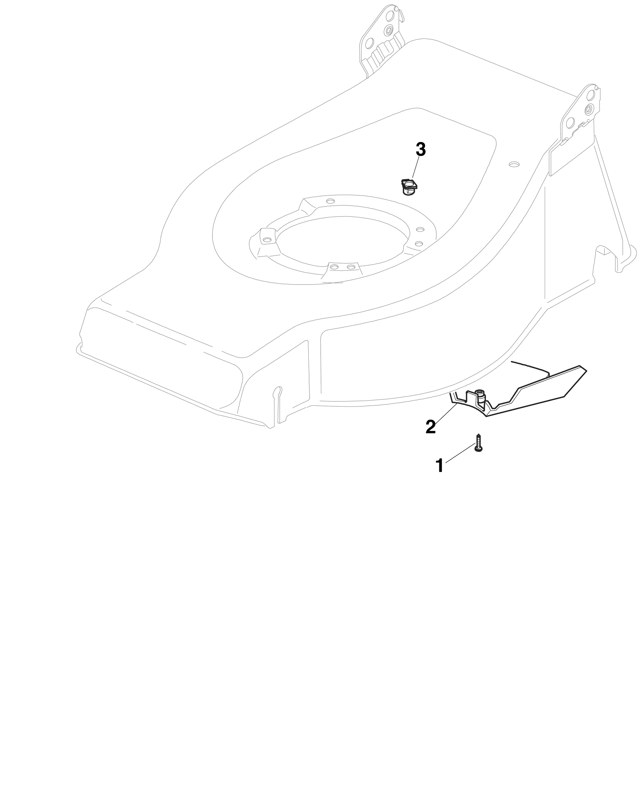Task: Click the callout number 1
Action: tap(440, 466)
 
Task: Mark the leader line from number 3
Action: tap(415, 169)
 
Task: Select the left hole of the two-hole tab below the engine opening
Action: tap(334, 267)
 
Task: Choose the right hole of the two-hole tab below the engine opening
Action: tap(350, 267)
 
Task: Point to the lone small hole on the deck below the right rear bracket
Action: tap(514, 163)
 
